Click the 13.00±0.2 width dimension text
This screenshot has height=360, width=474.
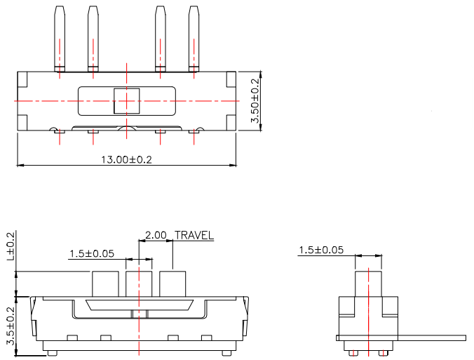pyautogui.click(x=127, y=159)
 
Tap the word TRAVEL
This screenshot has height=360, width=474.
pyautogui.click(x=194, y=236)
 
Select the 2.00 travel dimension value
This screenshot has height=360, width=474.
pyautogui.click(x=155, y=236)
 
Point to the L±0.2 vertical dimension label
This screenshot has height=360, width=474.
pyautogui.click(x=10, y=246)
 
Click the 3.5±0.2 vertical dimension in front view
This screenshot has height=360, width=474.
pyautogui.click(x=10, y=326)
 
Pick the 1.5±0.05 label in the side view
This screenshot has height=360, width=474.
pyautogui.click(x=321, y=250)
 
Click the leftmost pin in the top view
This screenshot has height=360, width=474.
pyautogui.click(x=60, y=39)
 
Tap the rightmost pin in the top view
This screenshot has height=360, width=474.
pyautogui.click(x=194, y=39)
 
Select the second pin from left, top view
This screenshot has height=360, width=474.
pyautogui.click(x=93, y=39)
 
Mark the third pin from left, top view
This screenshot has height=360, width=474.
pyautogui.click(x=160, y=39)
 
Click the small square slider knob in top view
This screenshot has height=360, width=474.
pyautogui.click(x=126, y=101)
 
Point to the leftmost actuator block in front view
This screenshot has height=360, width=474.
pyautogui.click(x=105, y=284)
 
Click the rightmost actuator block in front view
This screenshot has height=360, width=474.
pyautogui.click(x=172, y=284)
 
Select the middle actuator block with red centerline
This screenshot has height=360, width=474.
pyautogui.click(x=139, y=284)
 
